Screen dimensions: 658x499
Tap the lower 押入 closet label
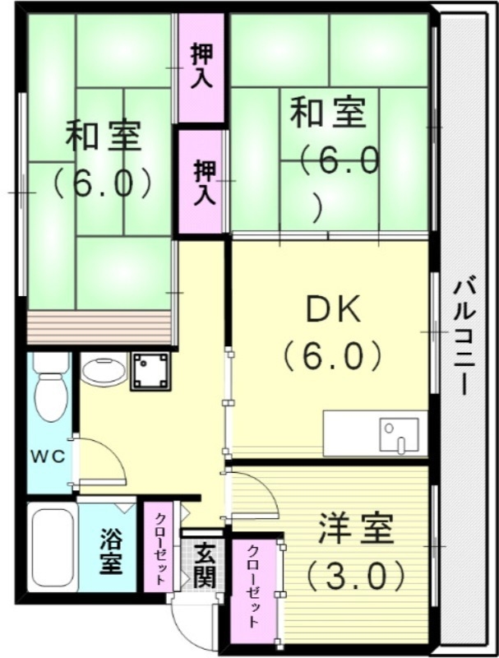[x=202, y=182]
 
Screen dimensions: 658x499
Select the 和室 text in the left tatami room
[x=102, y=135]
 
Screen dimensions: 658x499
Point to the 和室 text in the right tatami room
[x=328, y=112]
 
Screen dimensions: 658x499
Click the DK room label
[x=332, y=310]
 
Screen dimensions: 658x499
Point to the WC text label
[x=45, y=455]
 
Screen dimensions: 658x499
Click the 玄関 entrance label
[x=205, y=566]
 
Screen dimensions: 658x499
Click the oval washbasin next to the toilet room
[x=104, y=371]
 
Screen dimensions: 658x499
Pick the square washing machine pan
[x=150, y=371]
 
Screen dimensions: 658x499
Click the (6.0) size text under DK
[x=332, y=355]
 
